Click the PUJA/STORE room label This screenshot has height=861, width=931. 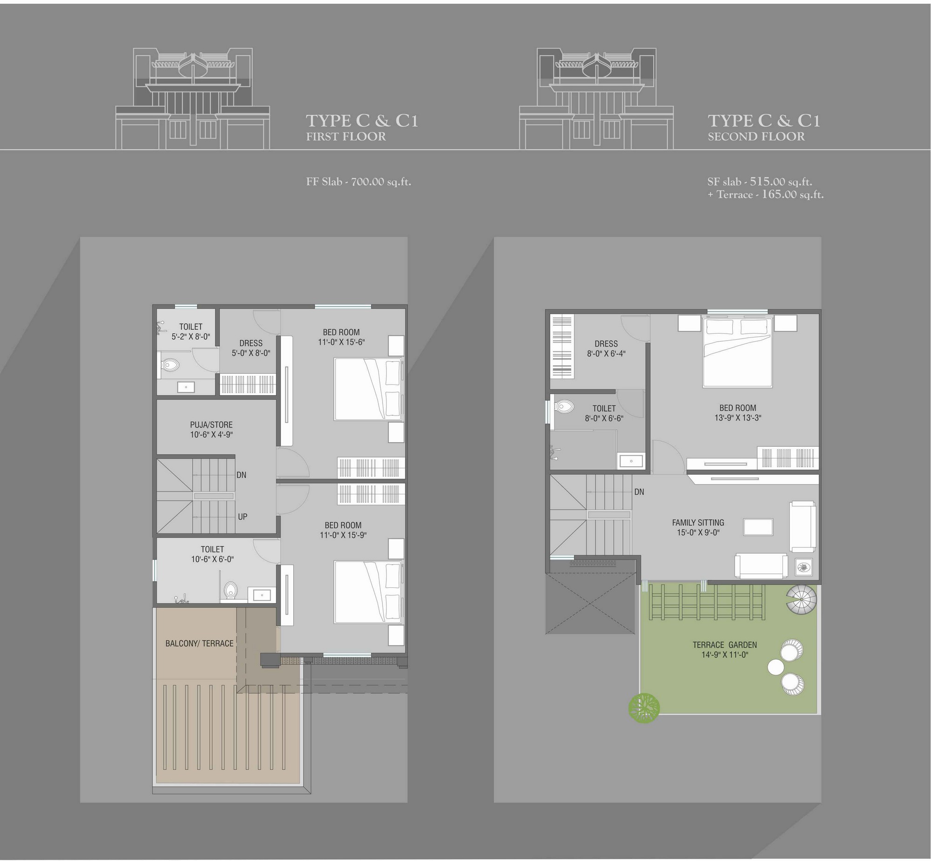(211, 424)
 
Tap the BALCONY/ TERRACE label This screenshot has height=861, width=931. (199, 643)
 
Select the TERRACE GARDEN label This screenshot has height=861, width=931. (725, 645)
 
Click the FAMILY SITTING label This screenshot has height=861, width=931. (698, 523)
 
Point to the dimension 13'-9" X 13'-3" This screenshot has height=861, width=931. (738, 418)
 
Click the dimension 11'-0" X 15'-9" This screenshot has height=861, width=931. (343, 535)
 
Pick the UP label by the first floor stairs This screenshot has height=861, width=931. (243, 517)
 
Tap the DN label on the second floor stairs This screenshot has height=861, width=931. (639, 492)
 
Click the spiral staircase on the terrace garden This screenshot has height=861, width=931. (802, 600)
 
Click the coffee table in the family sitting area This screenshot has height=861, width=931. (758, 527)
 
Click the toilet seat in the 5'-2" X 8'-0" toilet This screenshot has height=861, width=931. (169, 365)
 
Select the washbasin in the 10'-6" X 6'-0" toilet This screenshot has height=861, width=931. (262, 594)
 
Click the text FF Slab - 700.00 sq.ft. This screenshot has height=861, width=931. (358, 182)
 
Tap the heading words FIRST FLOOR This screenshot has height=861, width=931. (346, 136)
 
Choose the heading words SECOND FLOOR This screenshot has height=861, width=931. (756, 136)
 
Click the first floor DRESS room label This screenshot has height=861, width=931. (251, 343)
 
